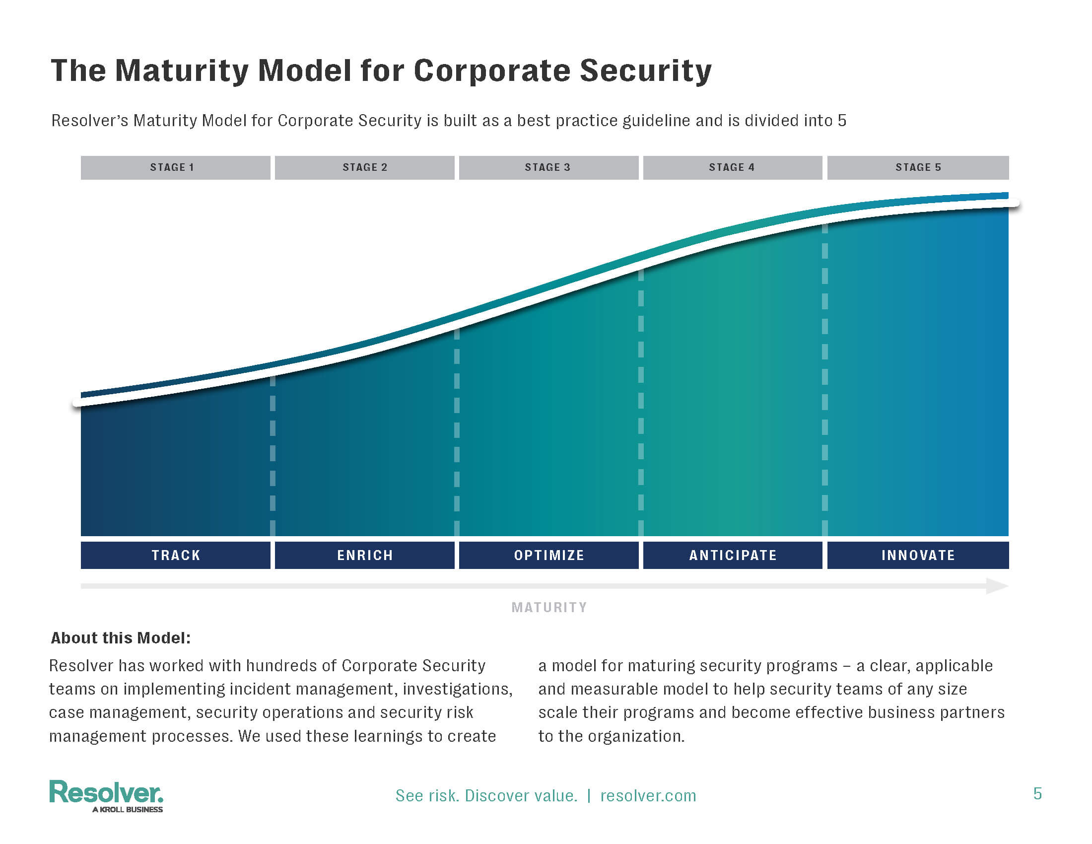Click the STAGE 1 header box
[x=175, y=167]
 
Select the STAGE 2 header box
[x=364, y=167]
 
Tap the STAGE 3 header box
[x=548, y=167]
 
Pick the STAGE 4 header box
[x=733, y=167]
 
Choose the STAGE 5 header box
[x=918, y=167]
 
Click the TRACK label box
[x=176, y=555]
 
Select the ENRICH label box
[x=364, y=555]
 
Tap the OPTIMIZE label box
[x=548, y=555]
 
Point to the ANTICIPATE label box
[x=733, y=555]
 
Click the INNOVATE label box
[x=918, y=555]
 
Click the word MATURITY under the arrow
[x=549, y=608]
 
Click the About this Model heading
[x=121, y=638]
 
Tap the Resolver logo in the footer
[x=106, y=792]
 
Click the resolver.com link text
[x=648, y=795]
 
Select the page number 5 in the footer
[x=1037, y=794]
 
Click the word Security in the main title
[x=645, y=71]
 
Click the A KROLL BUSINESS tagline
[x=128, y=810]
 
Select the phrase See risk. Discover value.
[x=486, y=795]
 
